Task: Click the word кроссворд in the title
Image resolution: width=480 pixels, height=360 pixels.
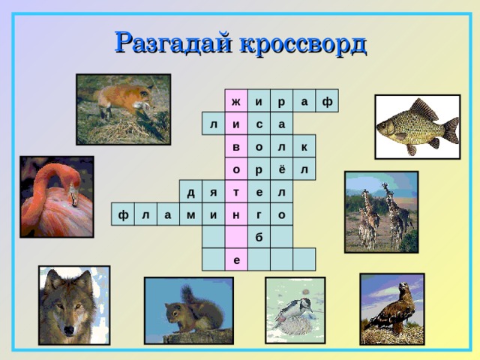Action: (303, 43)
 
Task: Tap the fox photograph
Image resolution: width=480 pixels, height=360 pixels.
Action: (123, 109)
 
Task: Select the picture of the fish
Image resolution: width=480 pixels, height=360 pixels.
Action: (418, 127)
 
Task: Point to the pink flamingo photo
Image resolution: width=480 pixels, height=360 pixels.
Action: (57, 196)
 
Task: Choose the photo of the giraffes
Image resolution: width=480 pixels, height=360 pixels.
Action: (380, 212)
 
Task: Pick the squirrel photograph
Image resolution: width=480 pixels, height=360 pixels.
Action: (188, 310)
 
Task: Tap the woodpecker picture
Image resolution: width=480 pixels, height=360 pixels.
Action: (295, 310)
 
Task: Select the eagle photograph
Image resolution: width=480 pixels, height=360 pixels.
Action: (391, 308)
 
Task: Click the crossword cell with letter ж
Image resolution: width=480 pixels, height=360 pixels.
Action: (236, 101)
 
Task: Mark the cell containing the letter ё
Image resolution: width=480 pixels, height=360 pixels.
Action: (281, 169)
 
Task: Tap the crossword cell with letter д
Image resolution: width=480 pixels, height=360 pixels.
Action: (191, 193)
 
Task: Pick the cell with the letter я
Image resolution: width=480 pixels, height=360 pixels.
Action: (214, 193)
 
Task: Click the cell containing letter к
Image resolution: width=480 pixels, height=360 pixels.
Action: (304, 147)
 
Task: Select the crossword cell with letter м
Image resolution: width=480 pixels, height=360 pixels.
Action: (191, 215)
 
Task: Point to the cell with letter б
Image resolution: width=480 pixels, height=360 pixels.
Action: (259, 238)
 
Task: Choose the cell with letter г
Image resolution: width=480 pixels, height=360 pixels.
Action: (259, 215)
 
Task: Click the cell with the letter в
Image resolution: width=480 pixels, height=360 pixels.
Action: (236, 147)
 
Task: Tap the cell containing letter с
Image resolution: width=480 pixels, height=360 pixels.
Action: (259, 124)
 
